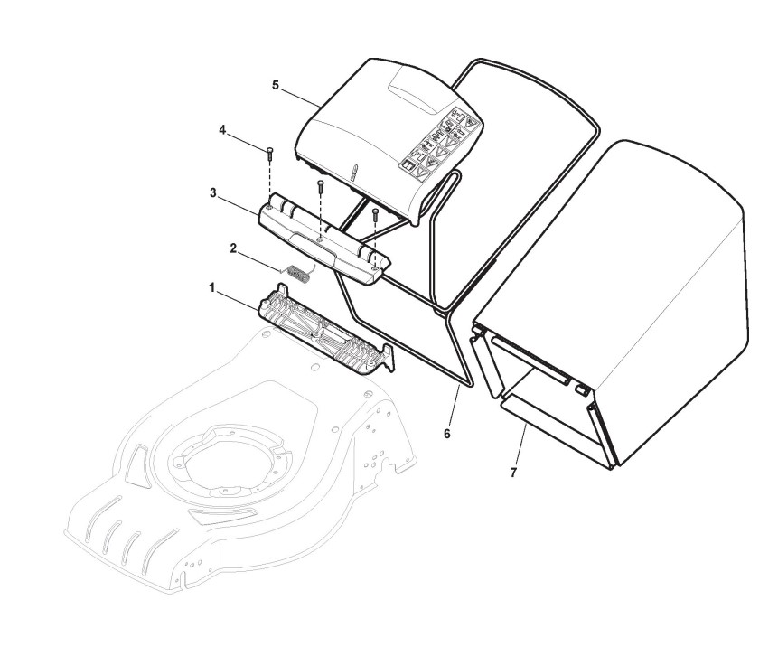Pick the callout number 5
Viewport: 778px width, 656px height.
tap(276, 84)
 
